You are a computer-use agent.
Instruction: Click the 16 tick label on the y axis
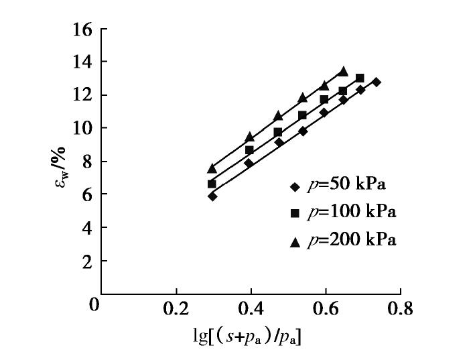(83, 29)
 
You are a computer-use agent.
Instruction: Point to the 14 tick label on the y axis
(83, 62)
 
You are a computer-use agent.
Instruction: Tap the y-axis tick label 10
(83, 128)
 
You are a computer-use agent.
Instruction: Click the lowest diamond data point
(212, 196)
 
